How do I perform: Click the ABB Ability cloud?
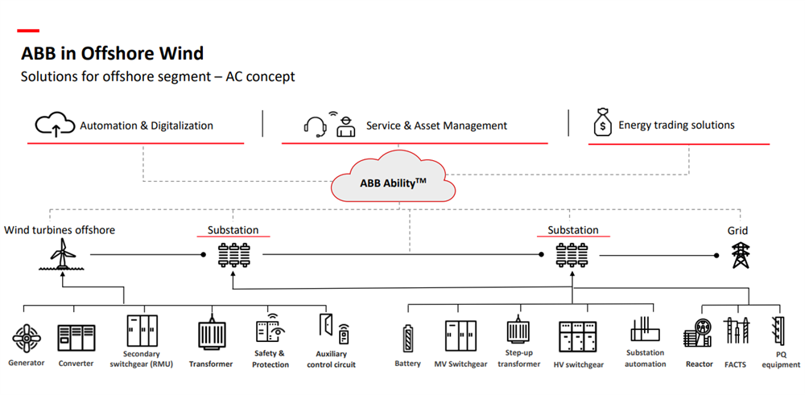393,182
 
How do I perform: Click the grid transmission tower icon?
739,254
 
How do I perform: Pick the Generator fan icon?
27,338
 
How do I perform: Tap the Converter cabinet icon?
76,337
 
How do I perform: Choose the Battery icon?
408,337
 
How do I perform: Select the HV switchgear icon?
580,335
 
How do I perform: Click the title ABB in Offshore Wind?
112,54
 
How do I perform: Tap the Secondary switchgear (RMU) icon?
142,331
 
